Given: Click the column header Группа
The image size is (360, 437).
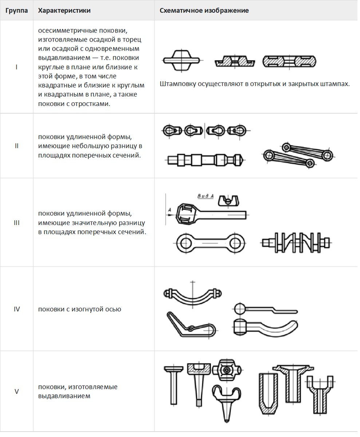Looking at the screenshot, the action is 16,11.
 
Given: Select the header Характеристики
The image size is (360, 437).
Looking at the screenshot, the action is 64,11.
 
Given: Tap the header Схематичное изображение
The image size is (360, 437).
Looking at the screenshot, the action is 204,11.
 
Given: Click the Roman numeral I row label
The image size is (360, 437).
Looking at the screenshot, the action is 17,67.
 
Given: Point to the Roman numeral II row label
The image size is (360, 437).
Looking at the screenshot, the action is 17,146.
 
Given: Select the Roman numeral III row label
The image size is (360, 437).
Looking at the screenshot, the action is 17,223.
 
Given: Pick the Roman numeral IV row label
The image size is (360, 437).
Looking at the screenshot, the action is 17,309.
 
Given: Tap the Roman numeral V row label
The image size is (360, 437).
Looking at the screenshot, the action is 17,391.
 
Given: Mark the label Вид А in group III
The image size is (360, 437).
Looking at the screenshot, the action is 205,196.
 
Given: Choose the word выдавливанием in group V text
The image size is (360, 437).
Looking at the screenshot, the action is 64,396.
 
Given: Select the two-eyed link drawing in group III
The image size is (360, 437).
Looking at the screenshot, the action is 210,241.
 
